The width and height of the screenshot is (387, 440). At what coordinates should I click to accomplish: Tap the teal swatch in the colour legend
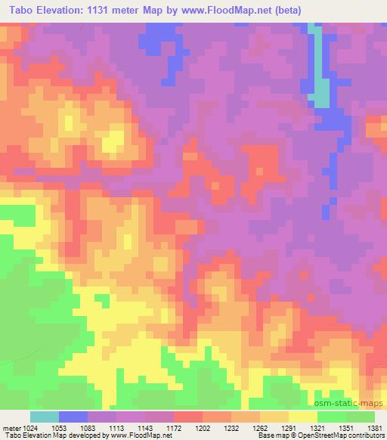coord(44,417)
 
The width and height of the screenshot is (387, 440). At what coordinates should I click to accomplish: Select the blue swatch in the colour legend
coord(73,417)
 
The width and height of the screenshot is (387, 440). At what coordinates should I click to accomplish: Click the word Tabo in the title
coord(17,9)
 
